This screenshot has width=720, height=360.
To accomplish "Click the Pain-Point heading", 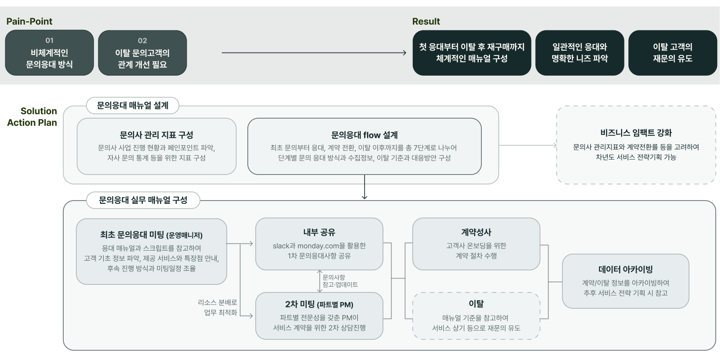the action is click(29, 22).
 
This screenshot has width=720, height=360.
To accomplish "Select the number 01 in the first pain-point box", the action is click(50, 40).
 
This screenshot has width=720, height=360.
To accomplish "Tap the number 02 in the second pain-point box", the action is click(142, 41).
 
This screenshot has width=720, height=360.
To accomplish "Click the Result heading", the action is click(426, 22).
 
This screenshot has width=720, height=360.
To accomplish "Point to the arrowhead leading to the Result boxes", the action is click(405, 53).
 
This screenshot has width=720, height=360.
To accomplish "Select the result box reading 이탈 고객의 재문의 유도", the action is click(672, 53).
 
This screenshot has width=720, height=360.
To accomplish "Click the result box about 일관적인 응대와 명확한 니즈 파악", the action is click(580, 53).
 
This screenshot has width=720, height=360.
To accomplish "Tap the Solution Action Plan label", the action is click(32, 117).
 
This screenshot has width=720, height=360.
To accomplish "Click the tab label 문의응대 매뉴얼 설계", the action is click(133, 106).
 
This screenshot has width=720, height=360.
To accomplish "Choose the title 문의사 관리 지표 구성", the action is click(157, 135).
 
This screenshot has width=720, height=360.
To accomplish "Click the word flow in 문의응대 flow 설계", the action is click(372, 135).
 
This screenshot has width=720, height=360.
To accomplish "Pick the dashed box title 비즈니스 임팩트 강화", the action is click(636, 133).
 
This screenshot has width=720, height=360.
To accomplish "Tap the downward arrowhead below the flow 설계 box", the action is click(365, 196).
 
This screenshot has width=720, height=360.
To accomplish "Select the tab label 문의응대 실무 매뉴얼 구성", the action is click(143, 200).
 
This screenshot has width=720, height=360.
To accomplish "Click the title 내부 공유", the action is click(319, 232).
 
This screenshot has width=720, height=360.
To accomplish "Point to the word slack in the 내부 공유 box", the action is click(281, 246).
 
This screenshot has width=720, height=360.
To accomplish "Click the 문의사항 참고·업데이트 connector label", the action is click(340, 281).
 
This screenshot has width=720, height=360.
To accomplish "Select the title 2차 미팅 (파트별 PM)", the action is click(319, 305).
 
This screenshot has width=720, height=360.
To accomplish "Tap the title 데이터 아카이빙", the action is click(625, 269).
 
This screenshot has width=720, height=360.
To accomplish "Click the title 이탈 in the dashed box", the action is click(476, 304).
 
